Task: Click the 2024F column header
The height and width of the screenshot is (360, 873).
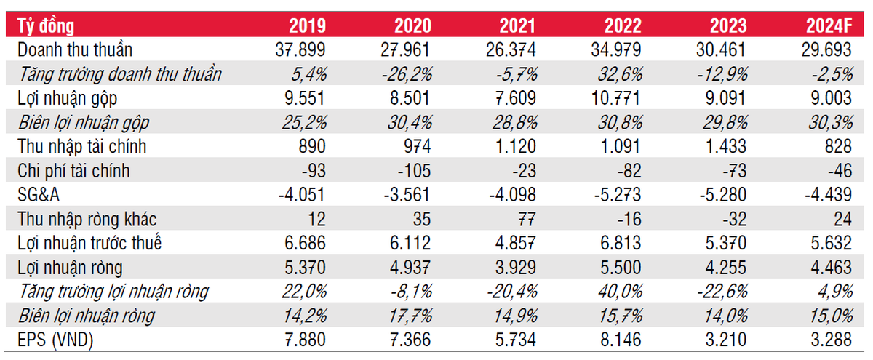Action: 829,26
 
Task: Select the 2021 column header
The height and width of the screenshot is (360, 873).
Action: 517,26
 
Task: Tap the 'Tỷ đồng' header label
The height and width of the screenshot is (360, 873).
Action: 46,26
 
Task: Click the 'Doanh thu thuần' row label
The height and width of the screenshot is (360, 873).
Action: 75,50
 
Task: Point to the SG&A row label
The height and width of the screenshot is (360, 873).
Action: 38,195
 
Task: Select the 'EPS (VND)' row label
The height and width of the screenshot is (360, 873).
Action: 55,340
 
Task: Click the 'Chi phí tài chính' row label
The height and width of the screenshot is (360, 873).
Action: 73,171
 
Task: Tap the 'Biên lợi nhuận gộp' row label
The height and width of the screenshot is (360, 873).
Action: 84,123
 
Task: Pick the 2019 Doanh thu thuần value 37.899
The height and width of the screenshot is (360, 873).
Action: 300,50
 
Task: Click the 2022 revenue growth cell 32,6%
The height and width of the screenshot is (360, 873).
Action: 620,74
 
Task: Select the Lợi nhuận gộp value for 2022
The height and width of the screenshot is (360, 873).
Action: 615,98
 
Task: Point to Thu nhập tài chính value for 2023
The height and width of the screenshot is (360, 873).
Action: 726,146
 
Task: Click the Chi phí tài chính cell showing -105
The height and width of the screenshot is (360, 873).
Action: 414,171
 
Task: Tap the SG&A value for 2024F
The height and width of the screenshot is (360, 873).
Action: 828,195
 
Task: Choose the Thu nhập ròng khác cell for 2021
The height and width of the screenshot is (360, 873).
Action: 526,219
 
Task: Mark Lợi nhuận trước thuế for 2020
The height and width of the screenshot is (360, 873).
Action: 410,243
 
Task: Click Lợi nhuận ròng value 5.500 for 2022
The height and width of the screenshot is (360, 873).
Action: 621,268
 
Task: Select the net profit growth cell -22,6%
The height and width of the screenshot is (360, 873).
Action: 722,292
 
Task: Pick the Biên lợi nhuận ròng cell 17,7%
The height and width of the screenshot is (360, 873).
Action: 410,316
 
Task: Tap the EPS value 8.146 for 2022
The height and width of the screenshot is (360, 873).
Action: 621,340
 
